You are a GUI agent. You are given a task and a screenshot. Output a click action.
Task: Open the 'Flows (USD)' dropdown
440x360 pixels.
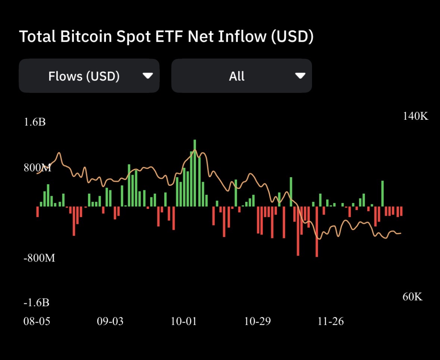click(x=89, y=76)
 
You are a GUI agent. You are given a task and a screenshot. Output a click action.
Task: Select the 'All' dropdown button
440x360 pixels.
click(x=241, y=76)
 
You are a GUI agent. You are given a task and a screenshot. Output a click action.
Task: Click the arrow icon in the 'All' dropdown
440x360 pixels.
click(x=300, y=76)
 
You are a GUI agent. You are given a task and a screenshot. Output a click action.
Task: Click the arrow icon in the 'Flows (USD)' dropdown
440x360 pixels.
click(x=148, y=76)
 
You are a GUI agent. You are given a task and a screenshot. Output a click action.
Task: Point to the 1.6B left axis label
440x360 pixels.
click(x=35, y=122)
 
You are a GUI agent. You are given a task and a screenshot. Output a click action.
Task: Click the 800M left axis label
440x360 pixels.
click(x=37, y=168)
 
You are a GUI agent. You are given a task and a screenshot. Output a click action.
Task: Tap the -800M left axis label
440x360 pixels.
click(x=39, y=258)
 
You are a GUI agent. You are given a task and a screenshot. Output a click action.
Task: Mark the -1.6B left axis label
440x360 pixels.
click(x=37, y=303)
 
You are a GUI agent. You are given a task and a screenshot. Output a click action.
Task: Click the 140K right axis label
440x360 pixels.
click(x=415, y=116)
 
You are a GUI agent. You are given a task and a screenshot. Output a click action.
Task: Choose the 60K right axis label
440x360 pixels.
click(x=412, y=297)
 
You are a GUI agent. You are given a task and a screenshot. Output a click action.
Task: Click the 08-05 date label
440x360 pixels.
click(x=37, y=321)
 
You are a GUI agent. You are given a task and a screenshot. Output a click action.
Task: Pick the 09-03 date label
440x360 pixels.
click(x=110, y=321)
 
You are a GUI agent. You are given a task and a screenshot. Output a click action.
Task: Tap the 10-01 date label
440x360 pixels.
click(x=184, y=321)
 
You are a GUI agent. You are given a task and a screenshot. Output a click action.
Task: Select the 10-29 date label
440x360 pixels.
click(x=257, y=321)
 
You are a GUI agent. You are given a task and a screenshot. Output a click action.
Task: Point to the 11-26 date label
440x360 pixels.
click(x=330, y=321)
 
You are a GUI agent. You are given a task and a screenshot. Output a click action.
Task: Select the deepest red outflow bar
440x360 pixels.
click(x=317, y=231)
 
